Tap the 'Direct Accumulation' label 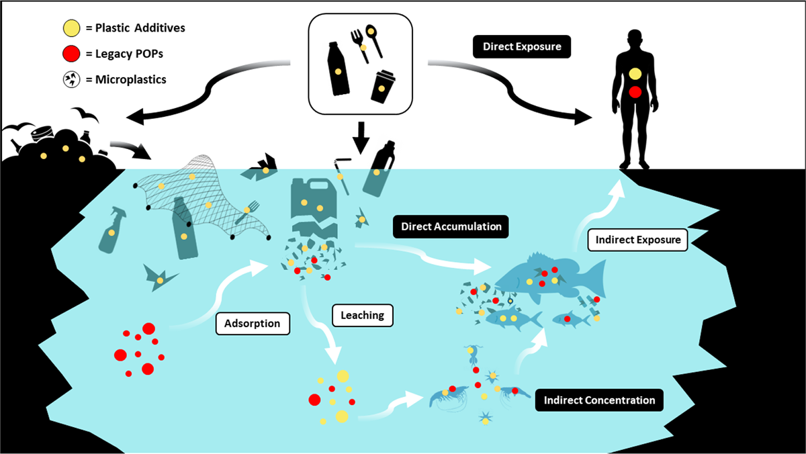pyautogui.click(x=451, y=227)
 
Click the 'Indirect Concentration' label pyautogui.click(x=599, y=401)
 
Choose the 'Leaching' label pyautogui.click(x=363, y=314)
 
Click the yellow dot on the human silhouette pyautogui.click(x=635, y=74)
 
